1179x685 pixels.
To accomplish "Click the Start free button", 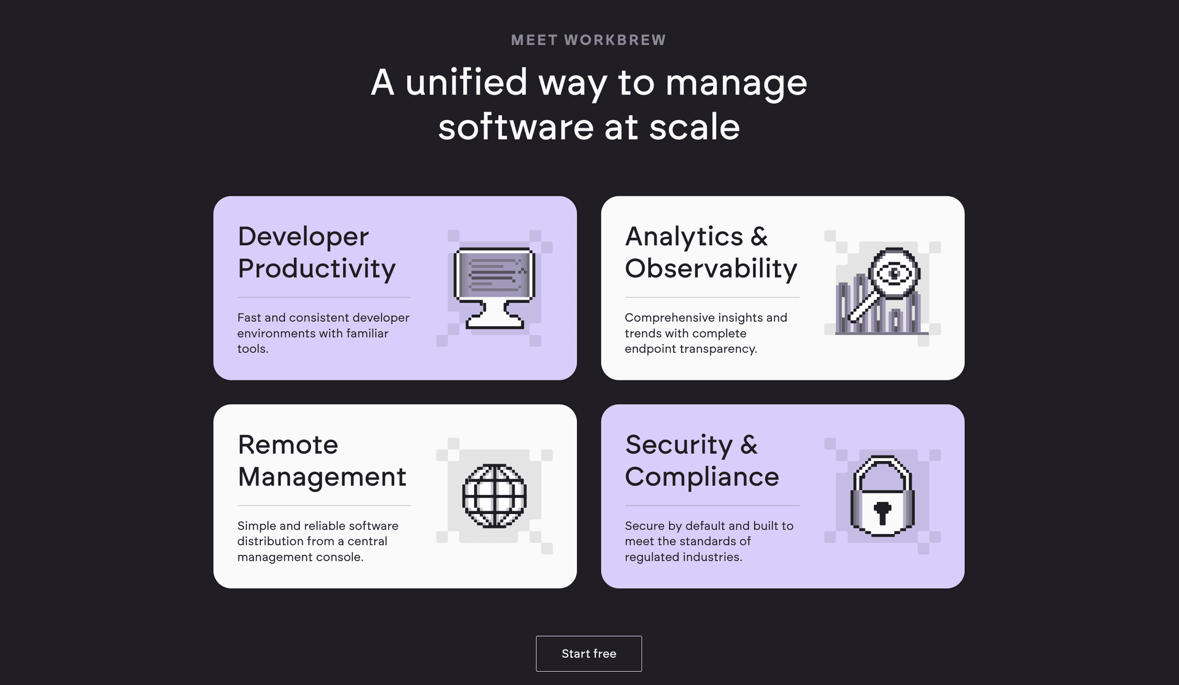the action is [x=588, y=653].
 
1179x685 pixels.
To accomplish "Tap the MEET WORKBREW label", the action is [x=588, y=40].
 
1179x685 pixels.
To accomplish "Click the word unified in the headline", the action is [x=466, y=82].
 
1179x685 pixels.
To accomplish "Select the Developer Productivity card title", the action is [x=316, y=252].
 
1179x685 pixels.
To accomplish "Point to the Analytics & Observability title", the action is [x=710, y=252].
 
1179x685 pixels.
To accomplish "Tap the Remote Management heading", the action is [x=321, y=461].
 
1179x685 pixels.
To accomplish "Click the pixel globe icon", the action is [x=495, y=496].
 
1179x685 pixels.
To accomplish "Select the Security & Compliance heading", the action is [x=701, y=461].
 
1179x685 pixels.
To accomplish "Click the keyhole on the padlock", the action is [x=882, y=512].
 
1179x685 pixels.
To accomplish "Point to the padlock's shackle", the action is [x=882, y=467].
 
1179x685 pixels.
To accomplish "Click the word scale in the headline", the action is [x=694, y=127].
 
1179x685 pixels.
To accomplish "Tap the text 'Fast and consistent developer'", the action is [x=323, y=318].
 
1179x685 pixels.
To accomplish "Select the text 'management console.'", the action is [x=300, y=557].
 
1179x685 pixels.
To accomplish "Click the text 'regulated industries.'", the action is [x=683, y=557].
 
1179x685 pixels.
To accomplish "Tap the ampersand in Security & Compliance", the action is [x=749, y=445].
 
